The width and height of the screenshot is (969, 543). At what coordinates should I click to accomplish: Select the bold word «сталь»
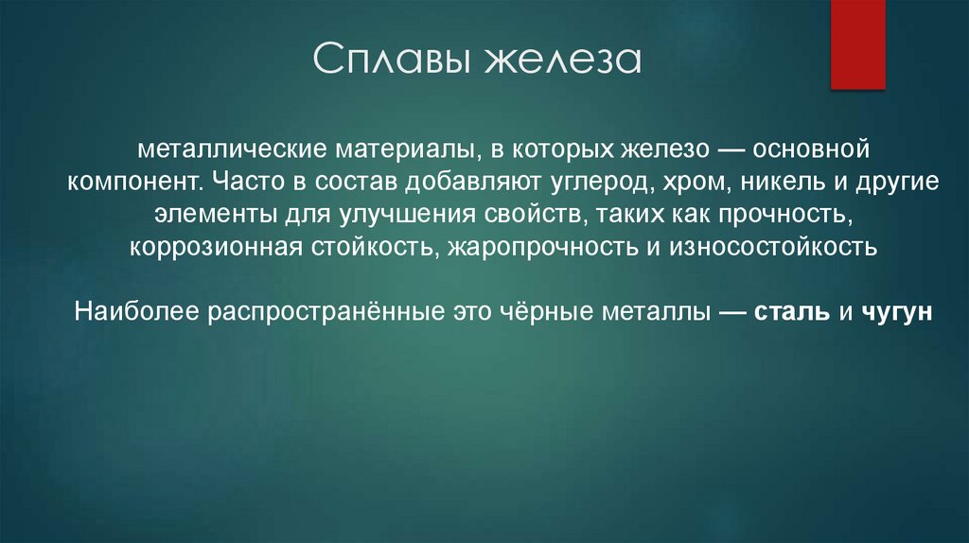click(792, 311)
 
